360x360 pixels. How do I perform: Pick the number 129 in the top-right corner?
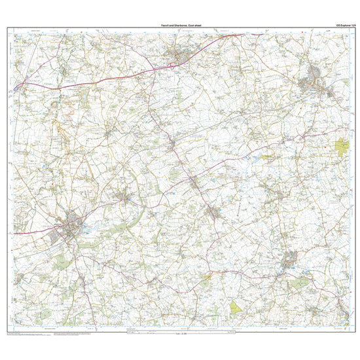[x=353, y=24]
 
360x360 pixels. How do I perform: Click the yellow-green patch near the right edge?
[x=342, y=149]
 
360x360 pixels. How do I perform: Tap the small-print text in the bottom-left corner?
[x=26, y=336]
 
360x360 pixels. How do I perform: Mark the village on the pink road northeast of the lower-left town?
[x=124, y=195]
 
